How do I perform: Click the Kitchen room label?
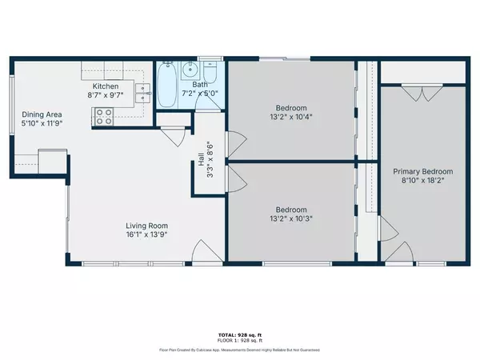click(106, 86)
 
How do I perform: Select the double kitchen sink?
click(144, 94)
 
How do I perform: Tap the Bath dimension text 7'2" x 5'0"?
click(200, 94)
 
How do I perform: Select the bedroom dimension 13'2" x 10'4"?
click(289, 116)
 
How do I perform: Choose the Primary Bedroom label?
click(422, 171)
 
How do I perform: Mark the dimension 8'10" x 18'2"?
click(422, 182)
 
